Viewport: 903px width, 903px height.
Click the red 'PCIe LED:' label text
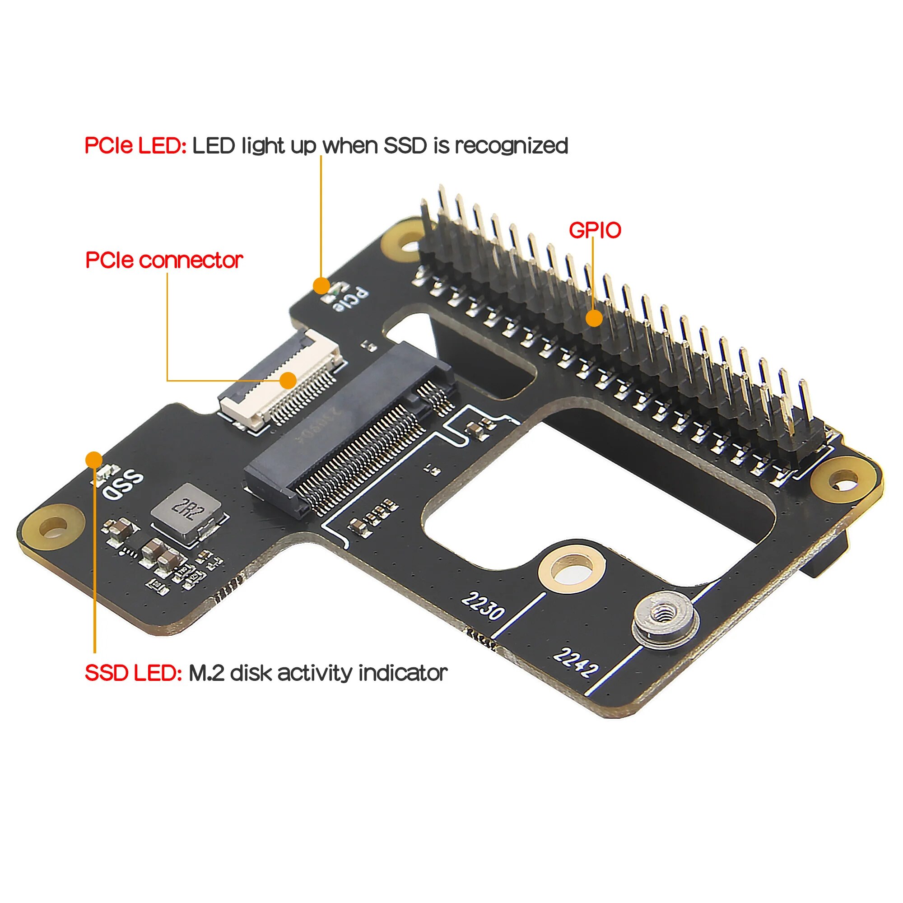click(135, 145)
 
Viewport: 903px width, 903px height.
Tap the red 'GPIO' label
click(595, 230)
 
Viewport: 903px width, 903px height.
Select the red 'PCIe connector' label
click(164, 260)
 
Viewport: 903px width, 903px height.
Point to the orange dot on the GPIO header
click(594, 318)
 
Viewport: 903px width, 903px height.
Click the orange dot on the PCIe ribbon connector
click(289, 380)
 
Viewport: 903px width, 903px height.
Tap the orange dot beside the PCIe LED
click(321, 285)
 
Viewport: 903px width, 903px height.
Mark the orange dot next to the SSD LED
click(94, 460)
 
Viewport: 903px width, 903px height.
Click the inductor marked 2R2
click(186, 510)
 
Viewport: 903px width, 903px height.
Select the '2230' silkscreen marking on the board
click(483, 606)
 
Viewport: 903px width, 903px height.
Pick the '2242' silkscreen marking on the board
click(575, 662)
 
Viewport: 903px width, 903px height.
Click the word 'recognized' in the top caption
click(512, 145)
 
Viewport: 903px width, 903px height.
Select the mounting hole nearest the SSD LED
click(52, 527)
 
